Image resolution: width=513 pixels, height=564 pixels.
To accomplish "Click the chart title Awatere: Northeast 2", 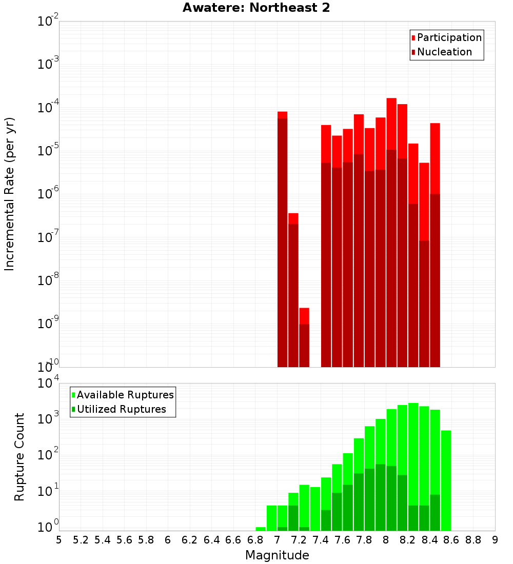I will (x=256, y=8).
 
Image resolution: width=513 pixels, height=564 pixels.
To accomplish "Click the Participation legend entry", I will (x=449, y=37).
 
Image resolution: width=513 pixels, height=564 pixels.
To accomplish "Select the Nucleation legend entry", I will (x=444, y=52).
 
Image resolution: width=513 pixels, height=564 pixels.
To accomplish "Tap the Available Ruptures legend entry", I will (x=125, y=395).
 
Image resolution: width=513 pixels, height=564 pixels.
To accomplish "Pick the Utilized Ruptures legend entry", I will (x=121, y=409).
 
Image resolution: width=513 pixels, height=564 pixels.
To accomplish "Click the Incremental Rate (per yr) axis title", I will (x=10, y=194).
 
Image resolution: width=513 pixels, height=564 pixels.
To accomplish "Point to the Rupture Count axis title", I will (x=19, y=457).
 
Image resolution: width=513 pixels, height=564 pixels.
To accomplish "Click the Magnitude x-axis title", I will (x=277, y=555).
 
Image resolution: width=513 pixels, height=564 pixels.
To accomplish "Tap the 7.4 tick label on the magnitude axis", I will (x=321, y=540).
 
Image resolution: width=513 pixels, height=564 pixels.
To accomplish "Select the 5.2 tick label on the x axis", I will (x=81, y=540).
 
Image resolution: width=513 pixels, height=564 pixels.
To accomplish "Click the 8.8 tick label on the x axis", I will (x=473, y=540).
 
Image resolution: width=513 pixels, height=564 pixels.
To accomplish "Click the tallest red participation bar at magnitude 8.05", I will (x=391, y=123).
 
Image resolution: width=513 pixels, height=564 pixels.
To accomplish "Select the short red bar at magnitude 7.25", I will (x=304, y=315).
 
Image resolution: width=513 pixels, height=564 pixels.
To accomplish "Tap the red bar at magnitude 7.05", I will (x=282, y=115).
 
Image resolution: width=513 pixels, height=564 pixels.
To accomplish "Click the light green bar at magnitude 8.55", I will (x=446, y=477).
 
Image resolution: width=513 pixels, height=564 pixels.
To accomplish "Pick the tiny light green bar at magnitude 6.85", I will (x=261, y=529).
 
